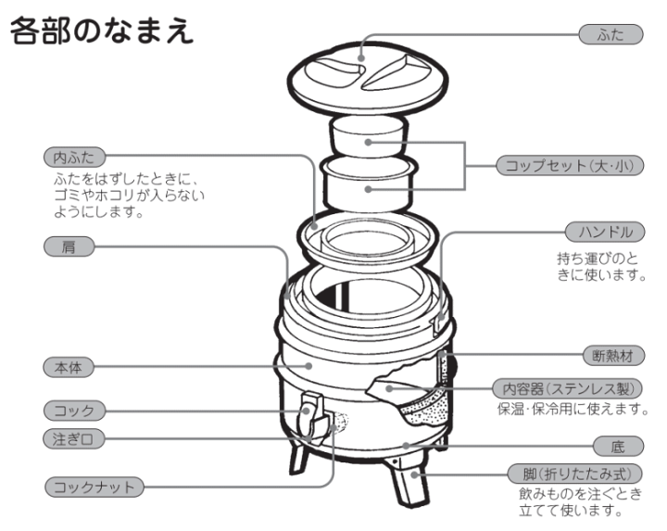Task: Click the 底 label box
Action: point(618,446)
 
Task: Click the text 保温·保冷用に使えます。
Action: point(569,409)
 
